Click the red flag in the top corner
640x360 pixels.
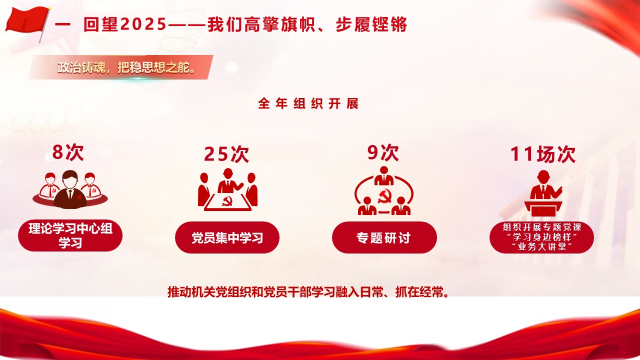click(x=26, y=21)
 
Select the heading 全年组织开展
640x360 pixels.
click(x=308, y=104)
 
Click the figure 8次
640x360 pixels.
click(x=68, y=152)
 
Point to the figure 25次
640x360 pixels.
click(x=226, y=154)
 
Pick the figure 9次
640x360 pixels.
click(x=383, y=152)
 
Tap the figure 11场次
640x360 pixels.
click(x=542, y=154)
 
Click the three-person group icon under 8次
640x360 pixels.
click(x=70, y=189)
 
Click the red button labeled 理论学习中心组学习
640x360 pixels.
click(x=70, y=236)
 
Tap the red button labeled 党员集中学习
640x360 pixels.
click(x=227, y=237)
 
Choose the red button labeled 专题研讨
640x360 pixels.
click(x=384, y=237)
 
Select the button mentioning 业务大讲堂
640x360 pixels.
click(x=541, y=237)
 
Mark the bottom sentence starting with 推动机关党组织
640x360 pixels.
click(x=308, y=291)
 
